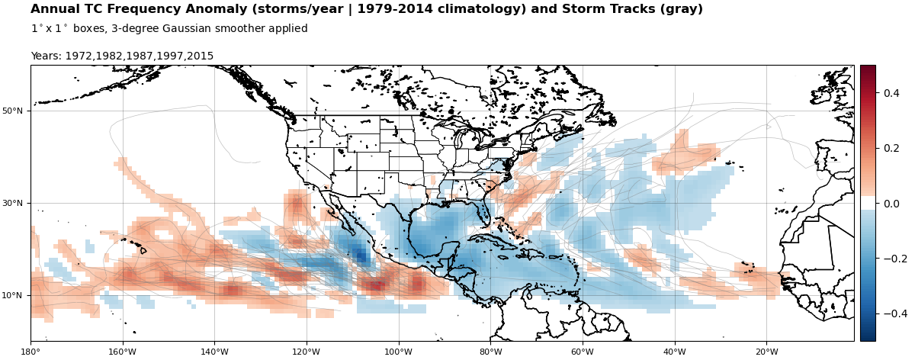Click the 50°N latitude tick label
[12, 111]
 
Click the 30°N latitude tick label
[12, 204]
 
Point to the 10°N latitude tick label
[12, 295]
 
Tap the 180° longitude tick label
[30, 352]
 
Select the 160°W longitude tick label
[122, 352]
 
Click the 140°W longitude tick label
[214, 352]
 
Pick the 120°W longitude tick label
[307, 352]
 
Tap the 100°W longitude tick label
[398, 352]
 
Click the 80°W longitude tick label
[490, 352]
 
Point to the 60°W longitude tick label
[583, 352]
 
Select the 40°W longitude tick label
[674, 352]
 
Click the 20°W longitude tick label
[767, 352]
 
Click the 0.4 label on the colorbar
[891, 93]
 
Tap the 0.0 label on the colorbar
[891, 204]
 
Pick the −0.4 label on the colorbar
[895, 313]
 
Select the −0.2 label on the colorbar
[895, 259]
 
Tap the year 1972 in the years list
[79, 56]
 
